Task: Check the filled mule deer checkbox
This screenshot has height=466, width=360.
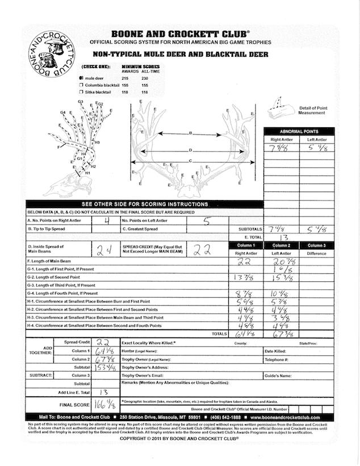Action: pos(82,78)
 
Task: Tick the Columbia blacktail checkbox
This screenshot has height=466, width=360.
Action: pos(82,85)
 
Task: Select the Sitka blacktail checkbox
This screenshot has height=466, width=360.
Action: pos(82,91)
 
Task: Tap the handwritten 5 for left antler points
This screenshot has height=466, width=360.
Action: pos(207,221)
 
